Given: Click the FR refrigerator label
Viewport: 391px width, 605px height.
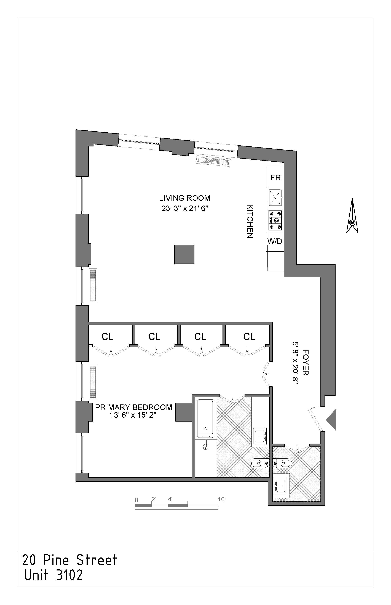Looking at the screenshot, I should (x=275, y=177).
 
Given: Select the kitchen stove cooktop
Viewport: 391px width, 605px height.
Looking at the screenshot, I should (x=275, y=220).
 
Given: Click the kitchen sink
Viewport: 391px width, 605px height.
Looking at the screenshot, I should (x=275, y=198).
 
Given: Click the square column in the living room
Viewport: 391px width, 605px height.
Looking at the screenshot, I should (x=184, y=254).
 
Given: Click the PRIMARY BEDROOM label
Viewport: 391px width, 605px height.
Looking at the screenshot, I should (x=133, y=407).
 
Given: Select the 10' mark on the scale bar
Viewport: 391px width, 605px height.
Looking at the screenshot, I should (x=221, y=499).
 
